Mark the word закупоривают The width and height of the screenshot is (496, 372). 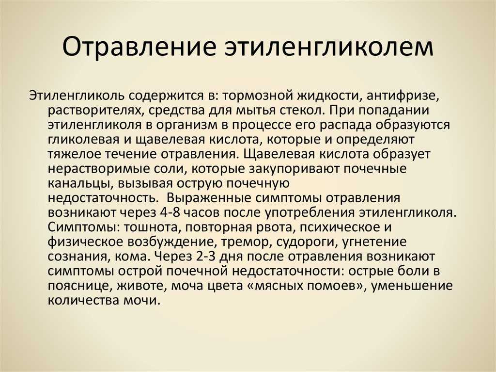pyautogui.click(x=294, y=169)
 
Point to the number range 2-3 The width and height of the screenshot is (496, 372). pyautogui.click(x=206, y=257)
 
